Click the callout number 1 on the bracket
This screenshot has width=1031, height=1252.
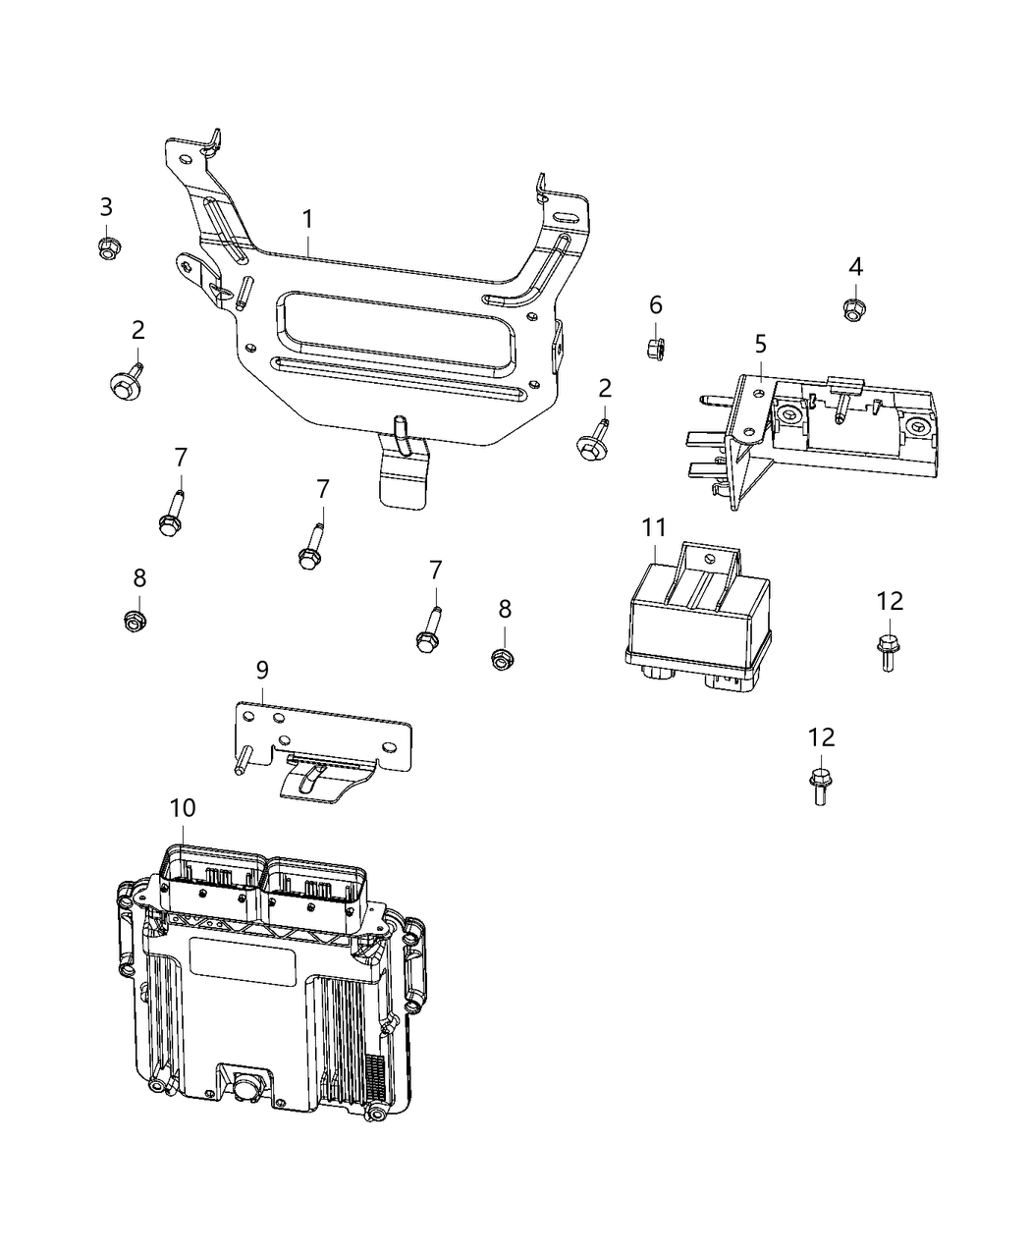tap(307, 218)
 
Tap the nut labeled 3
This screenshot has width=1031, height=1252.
tap(107, 247)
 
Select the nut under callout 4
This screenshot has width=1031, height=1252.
tap(854, 310)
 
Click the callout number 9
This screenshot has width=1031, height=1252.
tap(261, 670)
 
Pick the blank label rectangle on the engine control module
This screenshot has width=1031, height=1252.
tap(242, 961)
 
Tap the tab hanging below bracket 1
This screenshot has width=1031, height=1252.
tap(406, 479)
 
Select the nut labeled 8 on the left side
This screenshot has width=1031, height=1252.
tap(136, 621)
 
